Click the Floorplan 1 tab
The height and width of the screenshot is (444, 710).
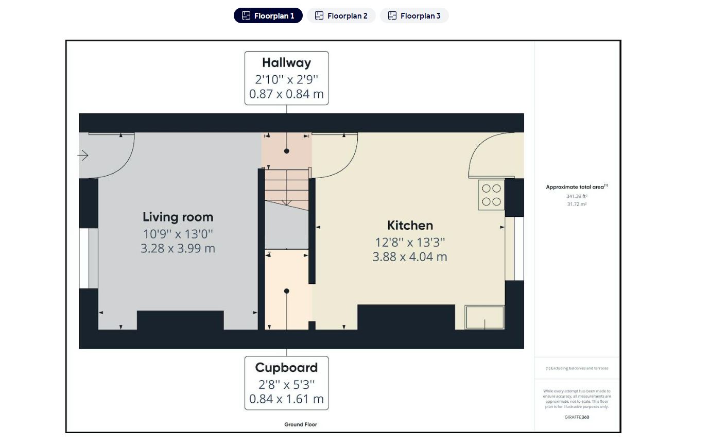click(268, 15)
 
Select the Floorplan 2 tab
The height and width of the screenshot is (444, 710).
click(341, 15)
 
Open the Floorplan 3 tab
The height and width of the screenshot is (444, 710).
click(414, 15)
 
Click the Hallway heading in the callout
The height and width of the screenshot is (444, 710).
click(287, 63)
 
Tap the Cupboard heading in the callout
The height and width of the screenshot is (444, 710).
click(287, 368)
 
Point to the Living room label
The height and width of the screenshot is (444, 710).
click(178, 217)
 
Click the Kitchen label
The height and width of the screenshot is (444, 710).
click(410, 226)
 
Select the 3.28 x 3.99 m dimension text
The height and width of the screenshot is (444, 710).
click(178, 248)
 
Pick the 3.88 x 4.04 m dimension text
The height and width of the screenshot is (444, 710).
click(410, 257)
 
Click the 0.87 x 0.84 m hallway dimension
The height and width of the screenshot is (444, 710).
click(287, 94)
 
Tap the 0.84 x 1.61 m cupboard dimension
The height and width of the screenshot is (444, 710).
click(287, 399)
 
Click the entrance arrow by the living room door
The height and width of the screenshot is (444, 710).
click(83, 156)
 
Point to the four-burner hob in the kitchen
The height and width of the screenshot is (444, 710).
click(491, 195)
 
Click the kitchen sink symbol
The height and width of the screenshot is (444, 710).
click(484, 317)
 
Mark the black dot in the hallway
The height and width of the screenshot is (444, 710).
click(287, 151)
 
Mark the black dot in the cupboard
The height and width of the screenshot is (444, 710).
click(287, 291)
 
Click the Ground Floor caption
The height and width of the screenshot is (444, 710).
click(301, 424)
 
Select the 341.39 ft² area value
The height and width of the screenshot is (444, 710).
click(577, 196)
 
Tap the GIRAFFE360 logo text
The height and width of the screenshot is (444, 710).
click(577, 417)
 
